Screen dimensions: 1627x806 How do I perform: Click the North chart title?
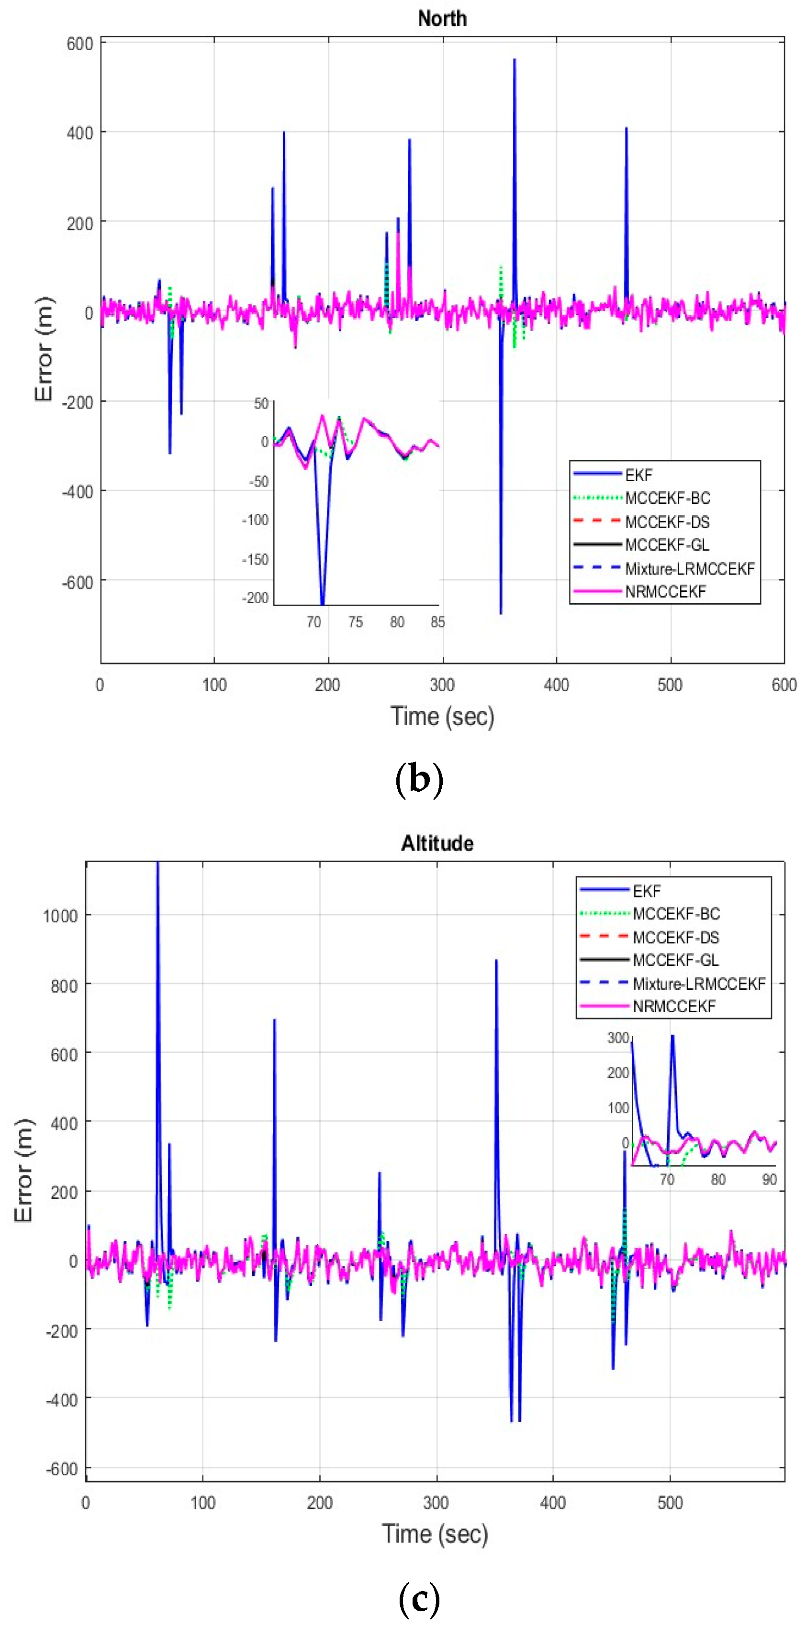[x=442, y=18]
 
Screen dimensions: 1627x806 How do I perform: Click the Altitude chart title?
[x=437, y=843]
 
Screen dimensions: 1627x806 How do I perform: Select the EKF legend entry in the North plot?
[x=638, y=475]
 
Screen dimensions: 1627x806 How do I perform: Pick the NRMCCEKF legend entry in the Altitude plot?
[x=674, y=1006]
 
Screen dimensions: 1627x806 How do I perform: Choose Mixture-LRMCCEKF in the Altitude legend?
[x=699, y=984]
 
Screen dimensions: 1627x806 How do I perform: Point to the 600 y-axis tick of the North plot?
[x=79, y=44]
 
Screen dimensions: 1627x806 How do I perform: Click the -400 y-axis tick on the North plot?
[x=77, y=491]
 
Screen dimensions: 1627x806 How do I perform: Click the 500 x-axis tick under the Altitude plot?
[x=670, y=1503]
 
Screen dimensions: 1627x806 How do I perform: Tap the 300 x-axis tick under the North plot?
[x=442, y=685]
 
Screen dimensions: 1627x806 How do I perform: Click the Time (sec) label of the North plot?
[x=442, y=716]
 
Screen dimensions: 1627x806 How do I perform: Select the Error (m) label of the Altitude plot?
[x=23, y=1170]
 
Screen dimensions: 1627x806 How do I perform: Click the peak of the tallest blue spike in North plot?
[x=514, y=59]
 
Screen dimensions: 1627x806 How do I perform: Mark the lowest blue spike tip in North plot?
[x=501, y=613]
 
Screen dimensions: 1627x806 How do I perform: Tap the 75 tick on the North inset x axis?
[x=355, y=622]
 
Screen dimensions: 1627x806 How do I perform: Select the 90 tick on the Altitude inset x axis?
[x=769, y=1179]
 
